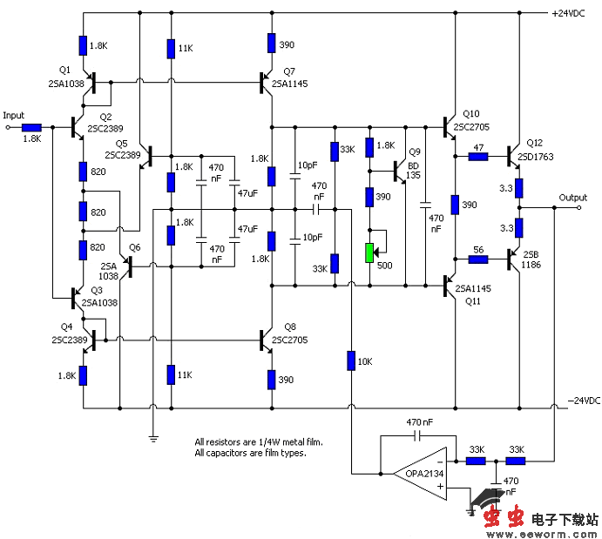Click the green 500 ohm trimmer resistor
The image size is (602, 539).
click(369, 253)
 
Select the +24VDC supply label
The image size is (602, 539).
click(572, 14)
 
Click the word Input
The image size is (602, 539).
click(14, 115)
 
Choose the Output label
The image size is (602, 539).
click(573, 197)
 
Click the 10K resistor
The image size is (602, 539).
click(350, 360)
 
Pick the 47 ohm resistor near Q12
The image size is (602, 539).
click(477, 157)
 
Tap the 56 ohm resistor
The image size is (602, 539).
click(477, 258)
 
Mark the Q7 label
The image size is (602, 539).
click(289, 71)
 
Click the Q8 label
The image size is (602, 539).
click(289, 327)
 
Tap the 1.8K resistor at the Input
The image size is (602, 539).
click(32, 128)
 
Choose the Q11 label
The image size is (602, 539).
click(472, 300)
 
